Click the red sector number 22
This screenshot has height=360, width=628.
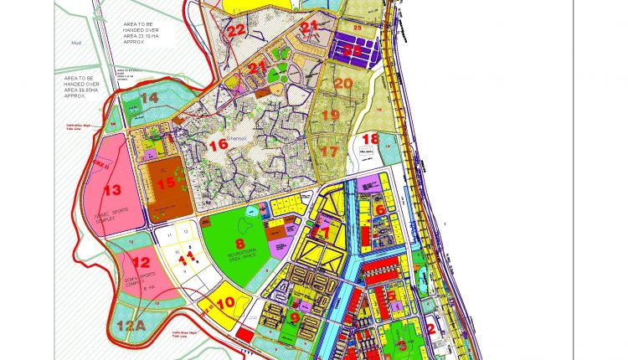click(235, 30)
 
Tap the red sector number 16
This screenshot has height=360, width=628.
click(219, 145)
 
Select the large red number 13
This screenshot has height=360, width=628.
click(112, 190)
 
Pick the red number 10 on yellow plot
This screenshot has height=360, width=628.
click(225, 304)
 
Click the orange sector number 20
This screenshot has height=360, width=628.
click(342, 84)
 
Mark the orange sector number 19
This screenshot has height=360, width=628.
click(330, 115)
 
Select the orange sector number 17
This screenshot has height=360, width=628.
click(329, 152)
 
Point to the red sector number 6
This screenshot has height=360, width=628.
click(378, 209)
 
